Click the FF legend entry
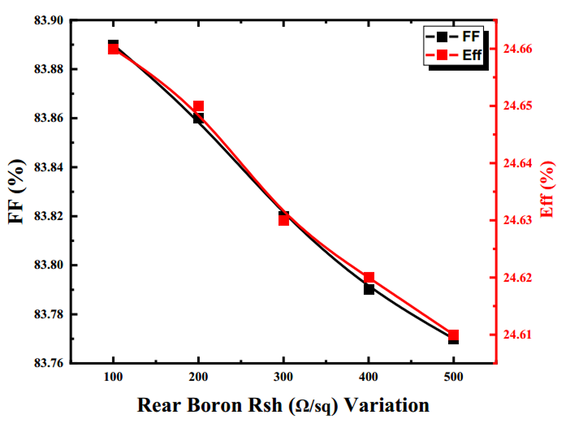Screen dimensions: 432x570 click(x=455, y=36)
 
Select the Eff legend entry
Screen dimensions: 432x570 click(x=455, y=55)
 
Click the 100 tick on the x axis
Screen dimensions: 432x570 click(x=113, y=378)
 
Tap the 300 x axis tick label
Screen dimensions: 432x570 click(x=283, y=378)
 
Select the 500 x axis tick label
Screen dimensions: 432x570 click(x=453, y=378)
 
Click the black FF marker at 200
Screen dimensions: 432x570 click(x=198, y=119)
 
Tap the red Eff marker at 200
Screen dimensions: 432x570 click(x=198, y=106)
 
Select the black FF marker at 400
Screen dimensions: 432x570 click(x=369, y=289)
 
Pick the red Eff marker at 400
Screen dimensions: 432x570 click(x=369, y=278)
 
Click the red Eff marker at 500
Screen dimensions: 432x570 click(x=453, y=335)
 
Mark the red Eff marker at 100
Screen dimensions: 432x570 click(x=113, y=49)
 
